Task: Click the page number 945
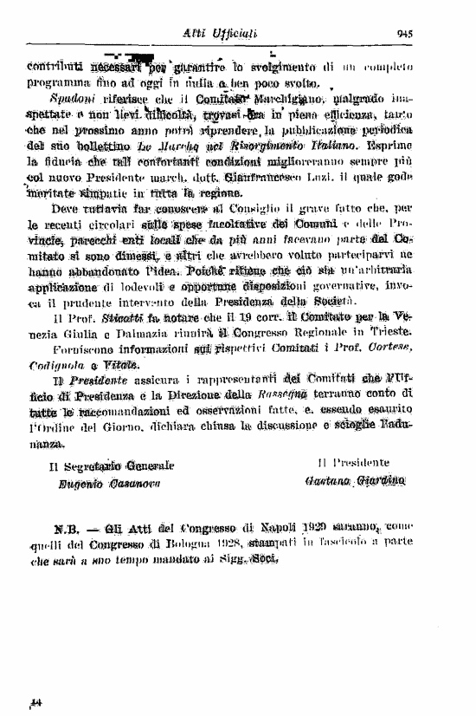point(405,34)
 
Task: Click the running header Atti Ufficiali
point(211,33)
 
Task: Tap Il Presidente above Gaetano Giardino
point(354,463)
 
